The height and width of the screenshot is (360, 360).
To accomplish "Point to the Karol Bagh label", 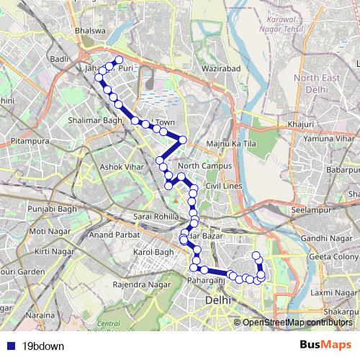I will click(x=154, y=253).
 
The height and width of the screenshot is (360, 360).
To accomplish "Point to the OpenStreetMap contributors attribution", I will click(x=297, y=322).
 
